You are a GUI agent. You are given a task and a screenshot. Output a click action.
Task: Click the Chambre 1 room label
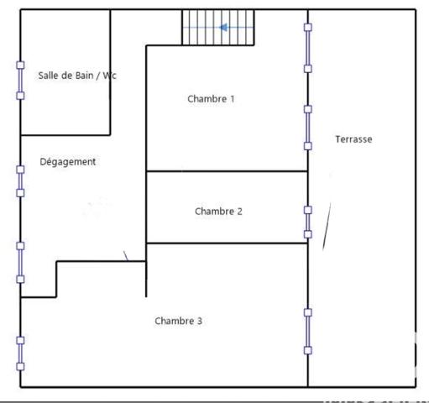click(211, 99)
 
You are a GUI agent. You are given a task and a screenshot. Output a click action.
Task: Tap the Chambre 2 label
click(218, 212)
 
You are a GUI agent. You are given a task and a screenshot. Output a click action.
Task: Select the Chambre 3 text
click(178, 321)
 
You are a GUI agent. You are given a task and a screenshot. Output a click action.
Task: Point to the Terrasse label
click(353, 139)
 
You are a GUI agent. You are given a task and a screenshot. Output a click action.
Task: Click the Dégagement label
click(68, 162)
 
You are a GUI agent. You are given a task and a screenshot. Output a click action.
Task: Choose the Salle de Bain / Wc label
click(77, 76)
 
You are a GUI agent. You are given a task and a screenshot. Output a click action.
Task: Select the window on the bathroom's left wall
click(21, 80)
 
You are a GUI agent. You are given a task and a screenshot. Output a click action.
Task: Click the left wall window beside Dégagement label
click(21, 181)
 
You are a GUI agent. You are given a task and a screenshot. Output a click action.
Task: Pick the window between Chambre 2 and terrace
click(308, 222)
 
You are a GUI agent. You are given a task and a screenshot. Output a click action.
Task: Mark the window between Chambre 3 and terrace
click(308, 331)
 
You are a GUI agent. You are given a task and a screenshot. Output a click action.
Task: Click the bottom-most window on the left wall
click(21, 353)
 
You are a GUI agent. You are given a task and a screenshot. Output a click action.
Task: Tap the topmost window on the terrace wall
click(308, 48)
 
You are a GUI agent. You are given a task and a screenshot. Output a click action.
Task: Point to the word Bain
click(84, 76)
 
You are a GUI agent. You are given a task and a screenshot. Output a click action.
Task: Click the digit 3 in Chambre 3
click(199, 321)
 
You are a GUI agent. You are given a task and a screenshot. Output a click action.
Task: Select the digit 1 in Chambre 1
click(232, 99)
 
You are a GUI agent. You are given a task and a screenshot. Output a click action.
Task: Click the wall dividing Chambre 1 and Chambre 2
click(227, 171)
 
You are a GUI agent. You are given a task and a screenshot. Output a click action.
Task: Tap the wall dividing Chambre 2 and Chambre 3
click(227, 243)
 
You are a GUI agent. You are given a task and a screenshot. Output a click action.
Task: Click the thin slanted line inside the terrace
click(327, 225)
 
